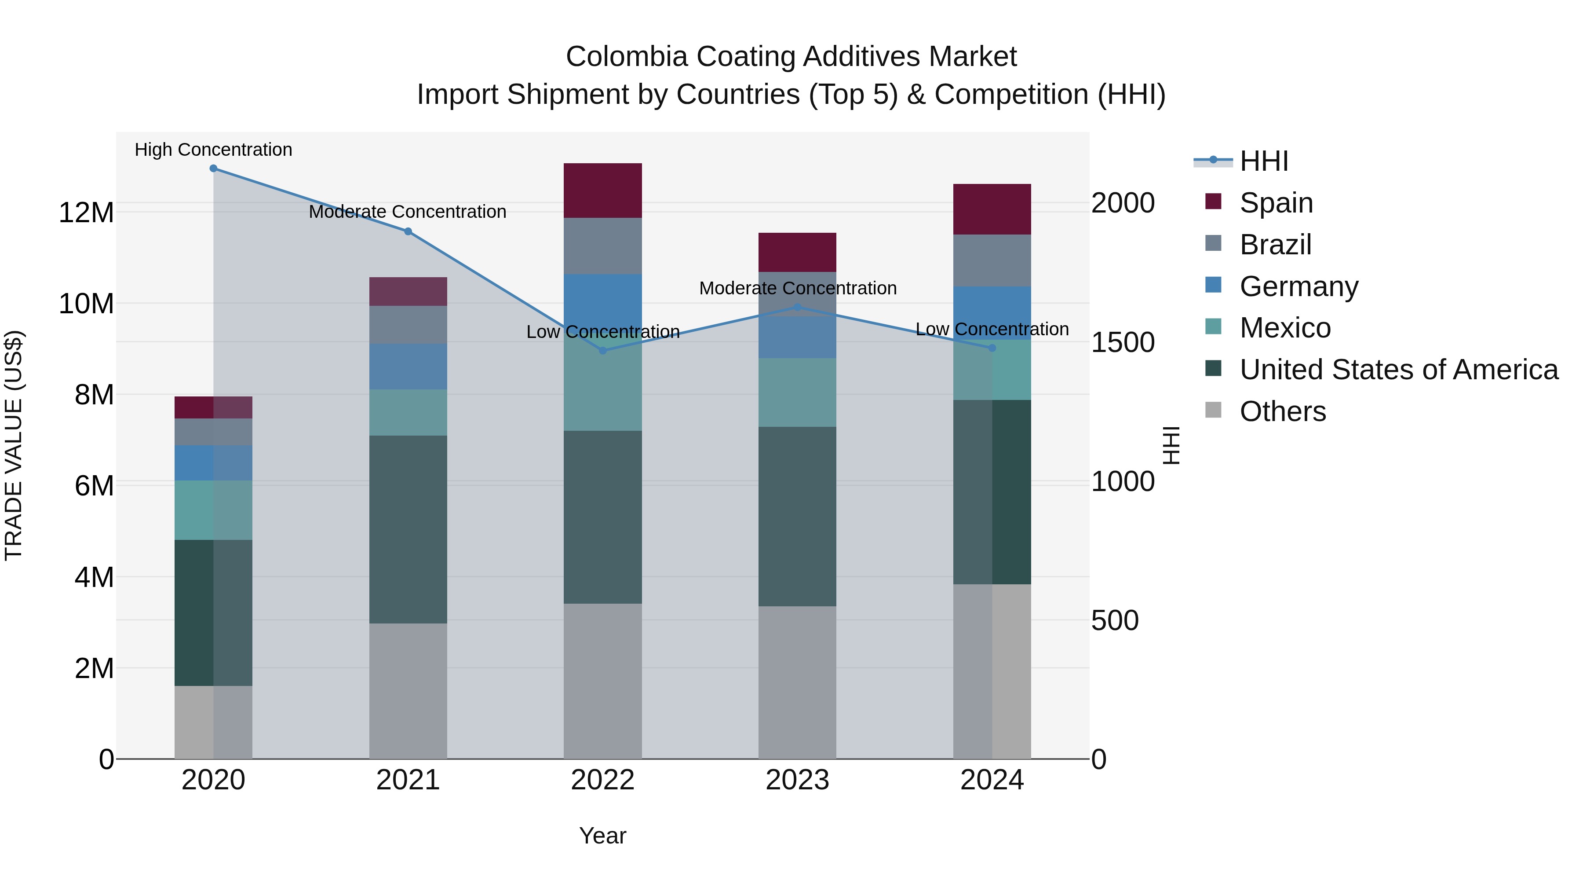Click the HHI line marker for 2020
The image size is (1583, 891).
click(x=213, y=169)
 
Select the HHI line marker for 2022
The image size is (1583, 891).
click(x=603, y=351)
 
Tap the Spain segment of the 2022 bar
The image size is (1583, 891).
click(x=603, y=191)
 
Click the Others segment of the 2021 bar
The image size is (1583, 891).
click(x=408, y=691)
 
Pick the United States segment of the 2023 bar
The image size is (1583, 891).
click(x=797, y=517)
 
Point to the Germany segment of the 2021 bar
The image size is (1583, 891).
click(x=408, y=367)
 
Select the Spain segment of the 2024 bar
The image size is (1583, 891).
click(x=992, y=209)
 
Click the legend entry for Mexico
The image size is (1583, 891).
click(x=1284, y=328)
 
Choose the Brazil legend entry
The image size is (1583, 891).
click(x=1275, y=245)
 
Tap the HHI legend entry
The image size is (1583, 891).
click(x=1263, y=161)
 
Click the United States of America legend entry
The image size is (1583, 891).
click(x=1398, y=370)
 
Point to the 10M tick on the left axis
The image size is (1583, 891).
click(x=86, y=304)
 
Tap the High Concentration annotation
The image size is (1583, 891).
click(x=213, y=150)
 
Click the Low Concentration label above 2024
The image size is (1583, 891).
click(x=992, y=329)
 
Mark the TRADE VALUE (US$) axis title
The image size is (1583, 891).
click(x=14, y=445)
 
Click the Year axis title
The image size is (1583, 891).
click(x=602, y=836)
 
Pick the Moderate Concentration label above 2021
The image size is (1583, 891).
click(x=408, y=212)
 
